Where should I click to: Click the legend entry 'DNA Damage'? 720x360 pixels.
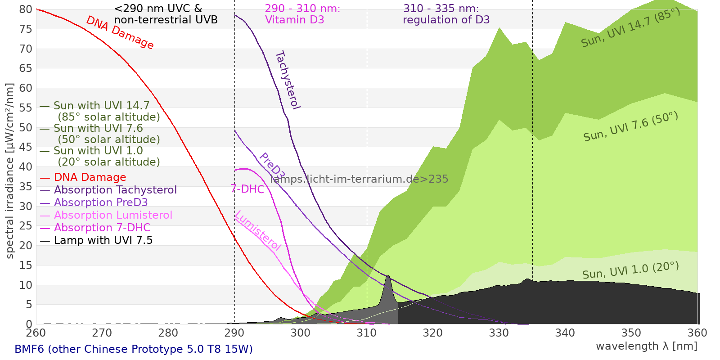tap(90, 177)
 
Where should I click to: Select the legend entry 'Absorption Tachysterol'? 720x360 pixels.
tap(115, 190)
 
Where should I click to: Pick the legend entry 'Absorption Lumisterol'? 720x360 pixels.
tap(113, 215)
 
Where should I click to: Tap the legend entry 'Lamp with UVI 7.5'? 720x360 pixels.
tap(103, 240)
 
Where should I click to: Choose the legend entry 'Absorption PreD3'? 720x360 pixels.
tap(100, 202)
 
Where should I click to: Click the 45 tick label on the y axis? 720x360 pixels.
tap(26, 147)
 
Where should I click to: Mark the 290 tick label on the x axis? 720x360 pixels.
tap(234, 333)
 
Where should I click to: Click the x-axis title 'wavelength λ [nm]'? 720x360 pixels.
tap(646, 346)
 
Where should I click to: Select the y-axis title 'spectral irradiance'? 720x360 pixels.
tap(10, 171)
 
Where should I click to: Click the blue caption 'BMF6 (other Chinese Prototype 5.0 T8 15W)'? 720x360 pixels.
tap(134, 349)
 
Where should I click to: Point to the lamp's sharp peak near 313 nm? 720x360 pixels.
tap(387, 276)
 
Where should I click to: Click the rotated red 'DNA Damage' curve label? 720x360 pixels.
tap(120, 32)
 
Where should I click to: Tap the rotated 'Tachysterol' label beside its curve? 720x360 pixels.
tap(288, 80)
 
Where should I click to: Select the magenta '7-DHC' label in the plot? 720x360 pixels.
tap(247, 189)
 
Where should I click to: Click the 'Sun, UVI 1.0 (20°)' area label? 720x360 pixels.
tap(630, 270)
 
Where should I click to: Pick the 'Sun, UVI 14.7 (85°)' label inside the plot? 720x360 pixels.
tap(630, 28)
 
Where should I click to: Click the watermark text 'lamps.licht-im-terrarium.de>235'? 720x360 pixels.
tap(359, 179)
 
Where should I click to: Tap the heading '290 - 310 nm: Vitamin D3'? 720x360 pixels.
tap(302, 14)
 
